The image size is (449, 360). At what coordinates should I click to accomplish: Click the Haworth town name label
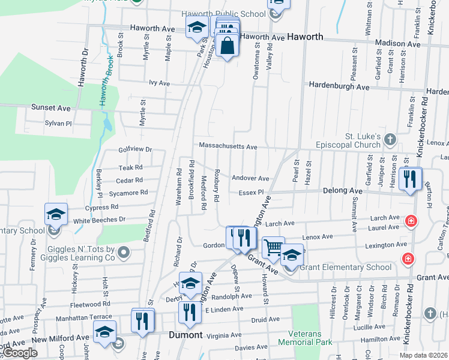tap(305, 37)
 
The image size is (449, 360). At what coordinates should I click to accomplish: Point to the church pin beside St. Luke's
tap(390, 140)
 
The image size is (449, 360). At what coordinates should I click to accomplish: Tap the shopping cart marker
tap(273, 247)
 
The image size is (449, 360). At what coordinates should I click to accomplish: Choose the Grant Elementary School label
tap(345, 267)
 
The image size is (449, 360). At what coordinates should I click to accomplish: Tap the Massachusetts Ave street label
tap(228, 146)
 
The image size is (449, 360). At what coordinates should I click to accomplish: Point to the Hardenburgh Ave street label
tap(339, 86)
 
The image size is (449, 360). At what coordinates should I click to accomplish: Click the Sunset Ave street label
tap(51, 108)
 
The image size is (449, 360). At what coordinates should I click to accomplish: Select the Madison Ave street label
tap(397, 43)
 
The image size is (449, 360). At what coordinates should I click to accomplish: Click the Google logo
tap(20, 353)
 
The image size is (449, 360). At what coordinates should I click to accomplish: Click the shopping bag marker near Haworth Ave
tap(228, 46)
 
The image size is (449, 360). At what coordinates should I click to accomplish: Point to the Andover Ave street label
tap(251, 178)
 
